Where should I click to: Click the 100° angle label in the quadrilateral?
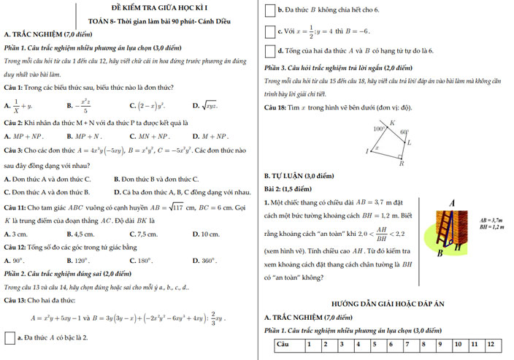tap(379, 128)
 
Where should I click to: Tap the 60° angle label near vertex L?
tap(404, 133)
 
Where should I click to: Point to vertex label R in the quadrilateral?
tap(402, 164)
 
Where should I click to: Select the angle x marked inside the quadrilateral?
tap(377, 148)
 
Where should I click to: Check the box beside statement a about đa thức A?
tap(9, 338)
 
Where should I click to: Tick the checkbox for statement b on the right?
tap(270, 11)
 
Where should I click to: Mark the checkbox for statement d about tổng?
tap(270, 51)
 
